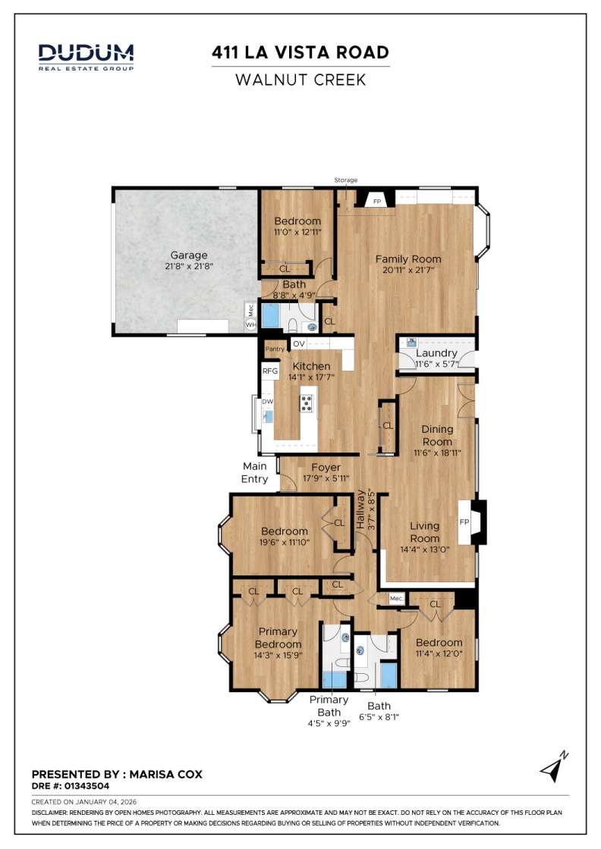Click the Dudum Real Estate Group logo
point(86,56)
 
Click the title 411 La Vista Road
point(300,52)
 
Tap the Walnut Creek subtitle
point(300,79)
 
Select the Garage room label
point(188,255)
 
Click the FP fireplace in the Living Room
point(464,522)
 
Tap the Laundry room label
point(436,353)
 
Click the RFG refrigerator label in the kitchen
point(269,371)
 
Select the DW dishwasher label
point(267,403)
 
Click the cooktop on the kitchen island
point(307,403)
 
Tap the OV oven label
point(299,344)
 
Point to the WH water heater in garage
point(250,324)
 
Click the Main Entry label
point(255,472)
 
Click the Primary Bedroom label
point(278,638)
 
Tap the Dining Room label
point(437,435)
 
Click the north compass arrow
point(554,768)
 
